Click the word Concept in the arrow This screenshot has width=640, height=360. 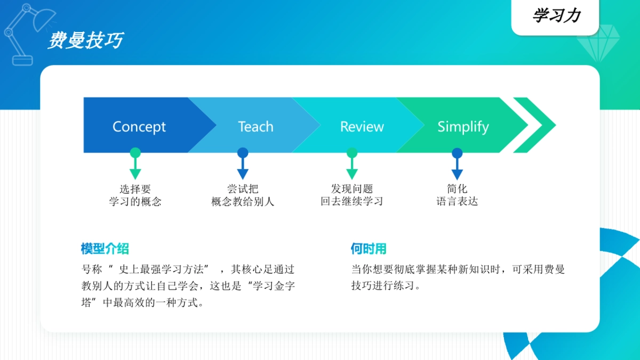click(139, 127)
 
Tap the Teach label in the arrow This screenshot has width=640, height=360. click(255, 127)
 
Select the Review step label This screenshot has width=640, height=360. click(362, 127)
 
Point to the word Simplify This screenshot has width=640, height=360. click(463, 127)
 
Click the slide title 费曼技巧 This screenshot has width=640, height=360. click(85, 41)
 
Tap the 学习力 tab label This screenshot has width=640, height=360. click(556, 15)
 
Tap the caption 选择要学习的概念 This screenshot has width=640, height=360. click(135, 195)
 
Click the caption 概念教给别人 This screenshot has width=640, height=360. click(243, 202)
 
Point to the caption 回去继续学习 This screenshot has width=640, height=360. click(352, 202)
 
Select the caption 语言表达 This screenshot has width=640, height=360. click(457, 202)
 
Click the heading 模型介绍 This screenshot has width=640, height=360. click(105, 249)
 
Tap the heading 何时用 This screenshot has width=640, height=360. click(368, 249)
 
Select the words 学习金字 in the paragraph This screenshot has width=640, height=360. click(273, 286)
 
